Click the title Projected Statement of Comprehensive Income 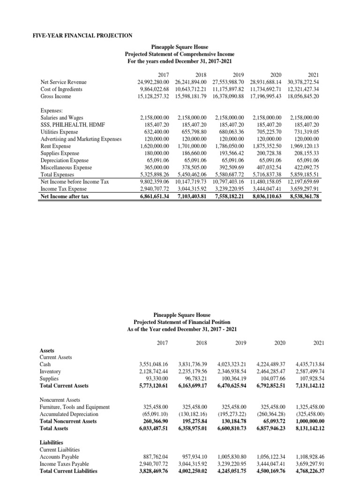point(180,54)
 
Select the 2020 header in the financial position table point(280,343)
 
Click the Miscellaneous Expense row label point(66,167)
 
